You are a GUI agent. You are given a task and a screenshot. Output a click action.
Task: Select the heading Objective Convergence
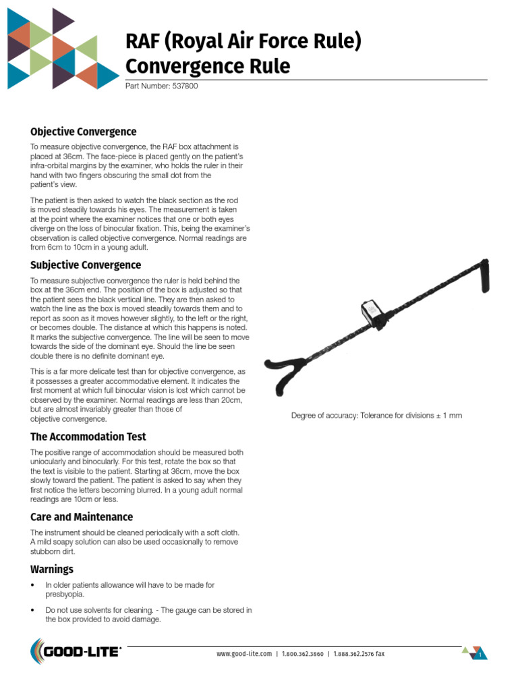[83, 132]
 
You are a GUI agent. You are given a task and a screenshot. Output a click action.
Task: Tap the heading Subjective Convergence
[85, 265]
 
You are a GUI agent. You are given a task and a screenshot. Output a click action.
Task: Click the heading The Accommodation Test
[88, 437]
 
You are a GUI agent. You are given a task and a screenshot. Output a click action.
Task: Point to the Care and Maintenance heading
[81, 517]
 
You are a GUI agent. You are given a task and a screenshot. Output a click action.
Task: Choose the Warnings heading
[51, 569]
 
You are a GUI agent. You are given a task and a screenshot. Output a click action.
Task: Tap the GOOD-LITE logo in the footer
[76, 652]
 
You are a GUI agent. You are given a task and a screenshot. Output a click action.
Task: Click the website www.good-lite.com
[243, 654]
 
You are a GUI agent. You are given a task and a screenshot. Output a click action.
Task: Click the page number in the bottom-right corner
[480, 655]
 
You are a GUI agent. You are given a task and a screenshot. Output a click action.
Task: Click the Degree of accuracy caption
[376, 416]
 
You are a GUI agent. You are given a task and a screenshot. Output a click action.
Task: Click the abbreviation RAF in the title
[144, 43]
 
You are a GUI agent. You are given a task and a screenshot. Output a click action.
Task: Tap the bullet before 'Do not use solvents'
[33, 610]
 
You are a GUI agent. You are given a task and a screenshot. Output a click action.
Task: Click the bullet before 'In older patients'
[33, 585]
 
